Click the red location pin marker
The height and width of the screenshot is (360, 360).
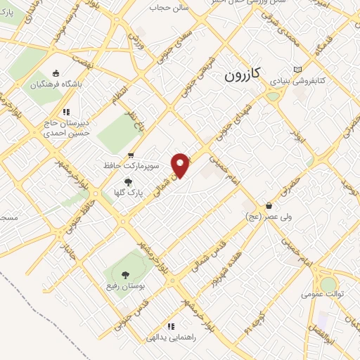(x=181, y=165)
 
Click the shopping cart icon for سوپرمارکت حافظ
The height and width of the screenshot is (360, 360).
(x=131, y=155)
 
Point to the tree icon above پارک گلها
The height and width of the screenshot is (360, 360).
(x=127, y=181)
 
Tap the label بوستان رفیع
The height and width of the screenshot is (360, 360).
(x=126, y=288)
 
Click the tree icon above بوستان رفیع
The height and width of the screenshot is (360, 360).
(x=126, y=276)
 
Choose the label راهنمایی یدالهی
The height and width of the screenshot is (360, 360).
(x=170, y=338)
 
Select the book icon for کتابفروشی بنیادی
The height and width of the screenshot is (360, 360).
(x=297, y=69)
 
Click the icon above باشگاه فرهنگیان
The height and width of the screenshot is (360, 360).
(x=56, y=73)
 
